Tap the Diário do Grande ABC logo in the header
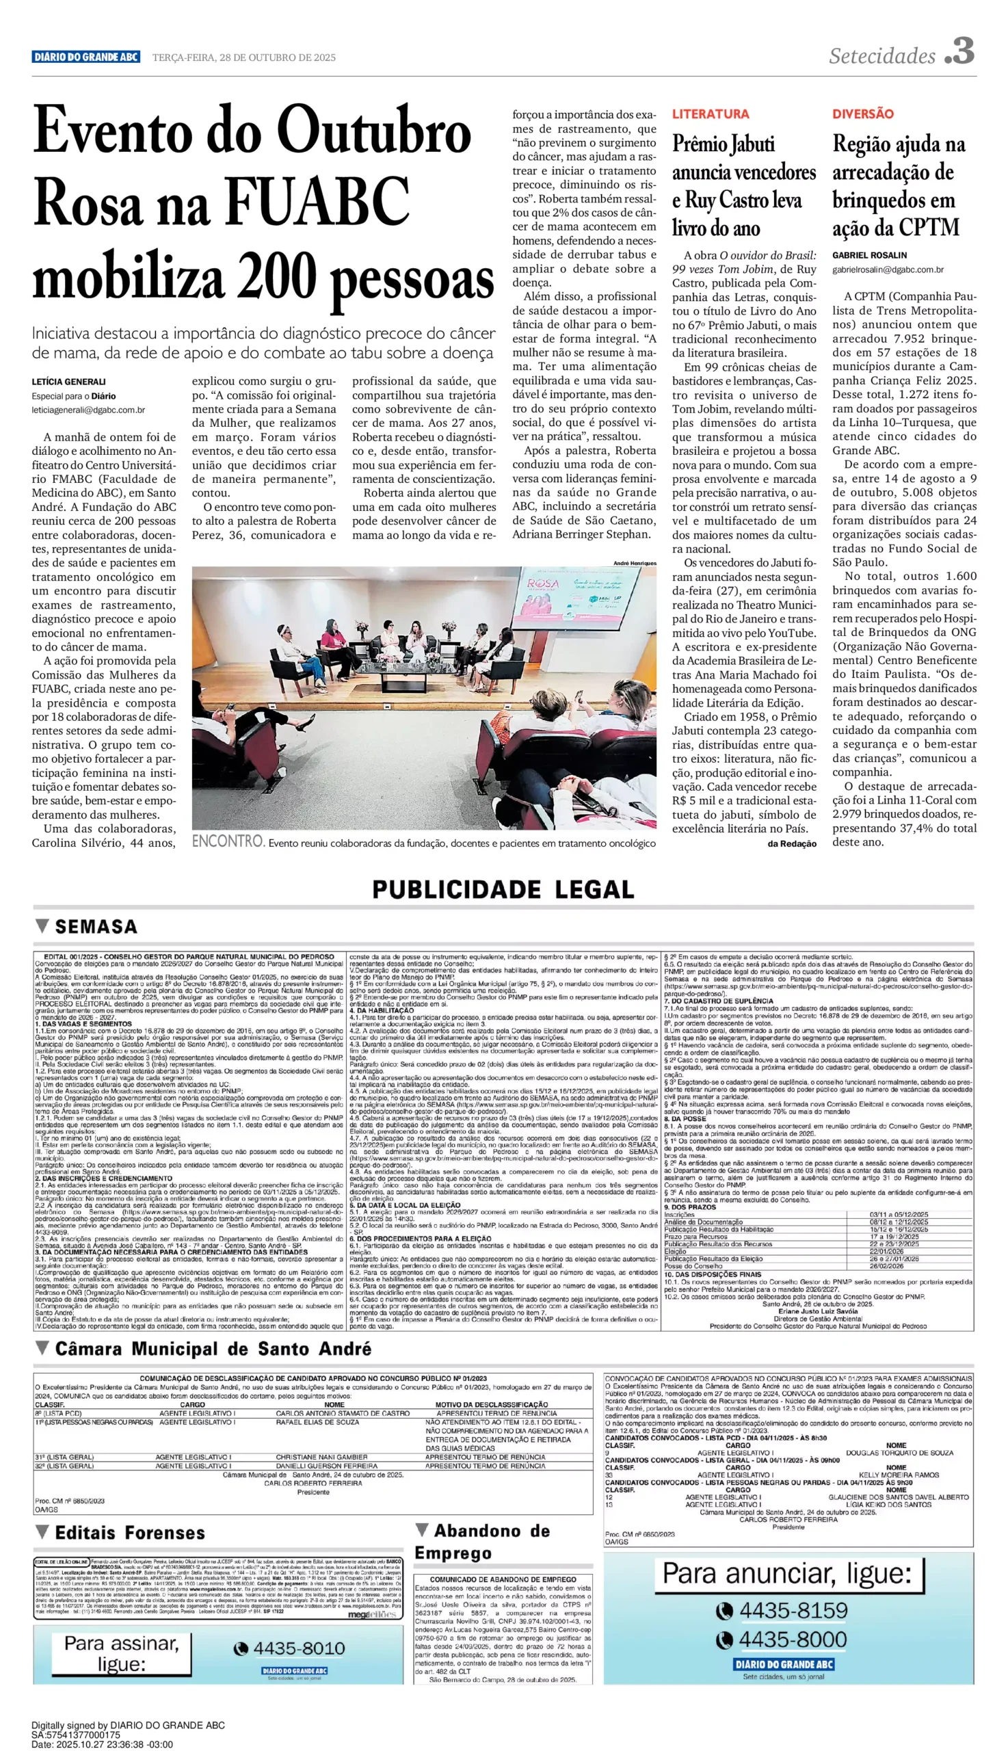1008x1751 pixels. [86, 57]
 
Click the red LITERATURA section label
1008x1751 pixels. [711, 114]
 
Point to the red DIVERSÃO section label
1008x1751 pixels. [862, 114]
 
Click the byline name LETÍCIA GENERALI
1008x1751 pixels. [68, 382]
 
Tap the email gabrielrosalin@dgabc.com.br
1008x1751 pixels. [888, 269]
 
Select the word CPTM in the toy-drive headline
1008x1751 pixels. [928, 228]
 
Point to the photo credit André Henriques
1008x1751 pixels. [634, 563]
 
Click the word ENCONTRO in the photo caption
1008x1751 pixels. [228, 842]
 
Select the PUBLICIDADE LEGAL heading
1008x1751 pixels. [503, 890]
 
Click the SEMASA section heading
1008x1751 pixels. [96, 927]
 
